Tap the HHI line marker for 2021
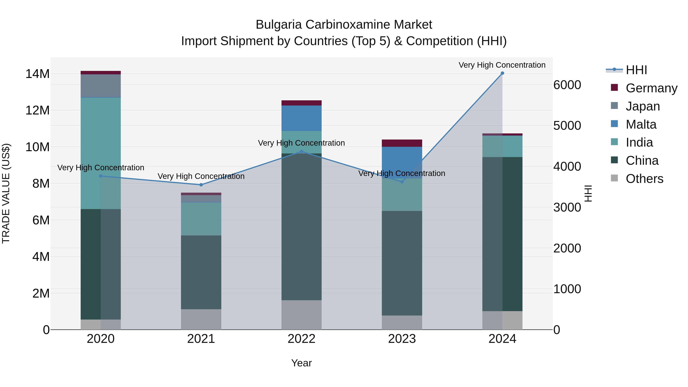click(x=201, y=185)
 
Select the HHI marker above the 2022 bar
click(x=302, y=151)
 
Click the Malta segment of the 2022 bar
click(x=302, y=118)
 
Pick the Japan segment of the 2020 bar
click(x=101, y=86)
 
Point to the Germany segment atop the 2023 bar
click(x=402, y=143)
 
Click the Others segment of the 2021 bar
click(x=201, y=319)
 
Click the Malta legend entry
click(x=641, y=124)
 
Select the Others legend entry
click(x=644, y=179)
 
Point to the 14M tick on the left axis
click(x=37, y=74)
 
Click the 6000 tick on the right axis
click(x=567, y=85)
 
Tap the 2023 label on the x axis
click(x=402, y=339)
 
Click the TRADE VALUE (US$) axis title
click(x=6, y=193)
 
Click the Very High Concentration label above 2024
click(x=502, y=65)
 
